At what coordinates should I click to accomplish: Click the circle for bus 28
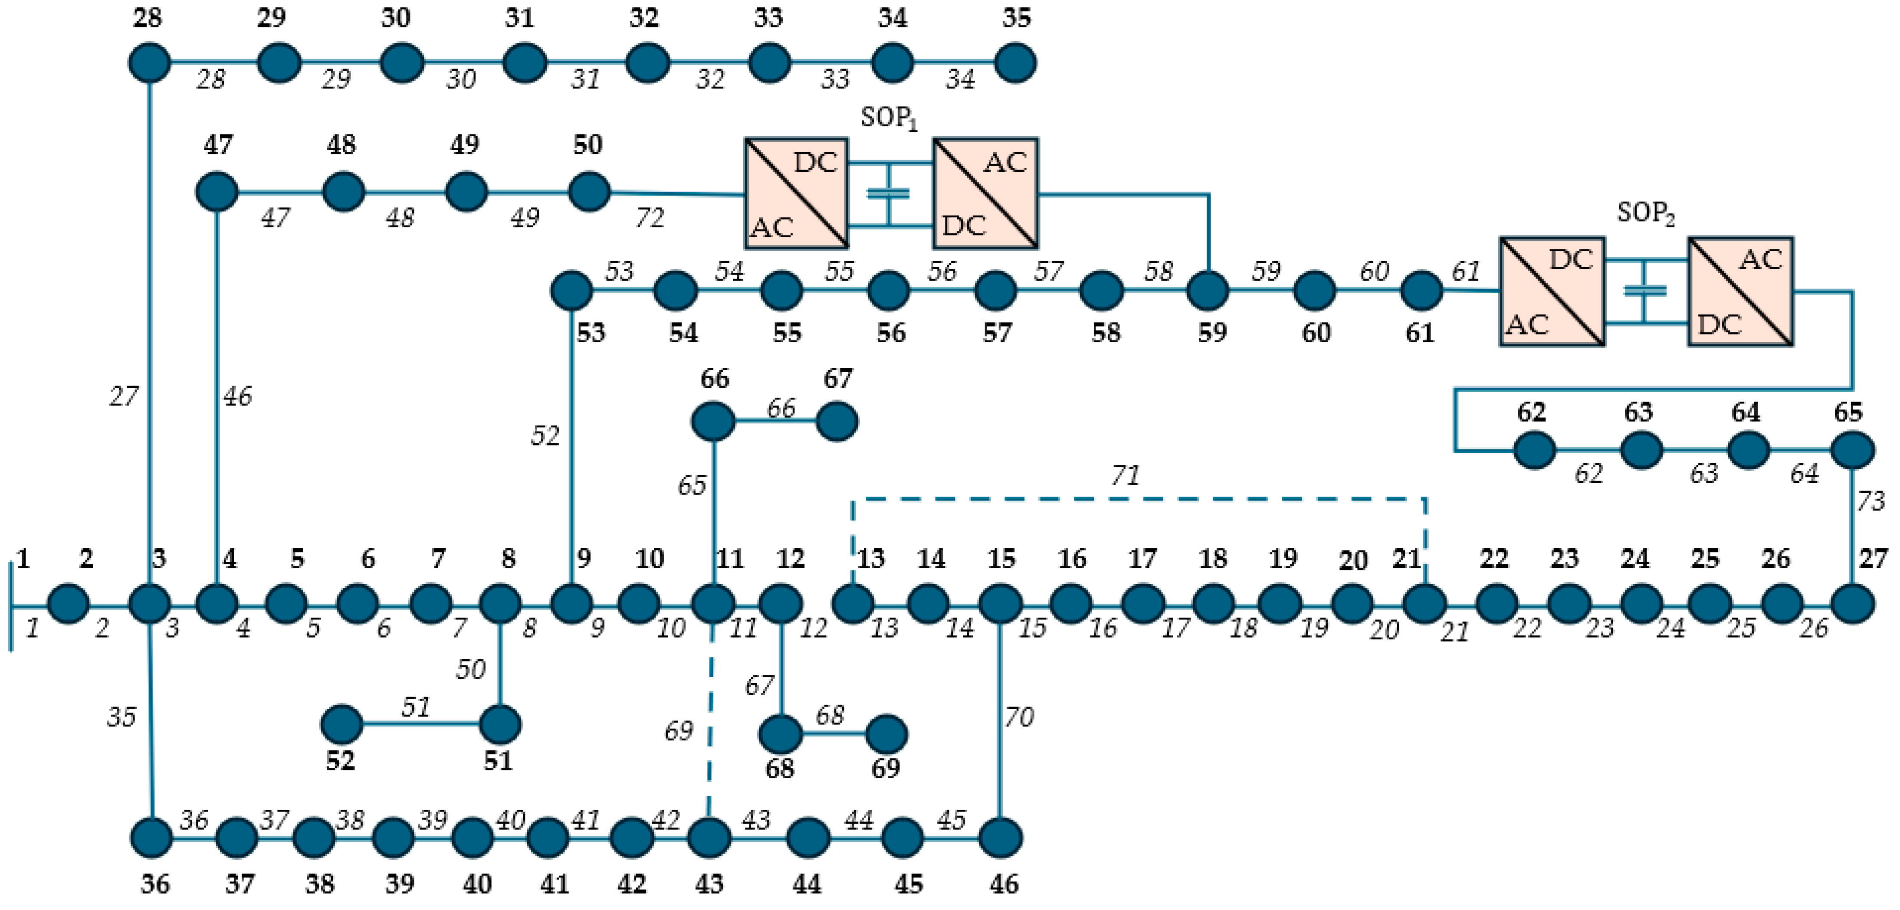pyautogui.click(x=150, y=63)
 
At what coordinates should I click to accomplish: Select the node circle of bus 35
pyautogui.click(x=1016, y=63)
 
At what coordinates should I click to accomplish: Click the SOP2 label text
pyautogui.click(x=1646, y=213)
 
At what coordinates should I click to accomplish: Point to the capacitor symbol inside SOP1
pyautogui.click(x=889, y=193)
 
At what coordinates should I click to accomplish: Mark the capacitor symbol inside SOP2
pyautogui.click(x=1645, y=291)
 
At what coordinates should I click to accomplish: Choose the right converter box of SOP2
pyautogui.click(x=1741, y=291)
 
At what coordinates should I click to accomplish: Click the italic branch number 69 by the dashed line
pyautogui.click(x=678, y=731)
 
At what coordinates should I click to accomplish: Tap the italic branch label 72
pyautogui.click(x=650, y=218)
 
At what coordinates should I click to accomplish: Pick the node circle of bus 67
pyautogui.click(x=837, y=422)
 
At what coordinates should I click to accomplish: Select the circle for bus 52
pyautogui.click(x=341, y=724)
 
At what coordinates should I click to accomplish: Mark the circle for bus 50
pyautogui.click(x=589, y=192)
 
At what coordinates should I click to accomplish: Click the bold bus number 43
pyautogui.click(x=709, y=884)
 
